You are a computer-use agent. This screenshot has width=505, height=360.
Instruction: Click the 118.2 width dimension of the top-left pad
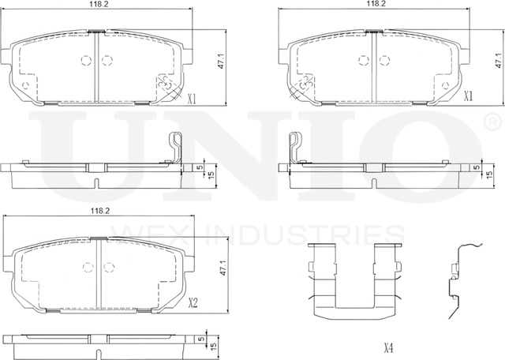tap(99, 4)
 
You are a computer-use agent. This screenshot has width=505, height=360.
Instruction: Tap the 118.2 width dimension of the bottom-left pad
tap(99, 212)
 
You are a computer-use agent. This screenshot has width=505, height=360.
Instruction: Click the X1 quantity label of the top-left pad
tap(192, 100)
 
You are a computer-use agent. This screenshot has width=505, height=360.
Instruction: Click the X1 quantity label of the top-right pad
tap(468, 96)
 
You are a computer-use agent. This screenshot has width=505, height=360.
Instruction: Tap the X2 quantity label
tap(193, 302)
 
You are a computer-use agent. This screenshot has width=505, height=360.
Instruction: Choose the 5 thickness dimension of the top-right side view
tap(477, 168)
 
